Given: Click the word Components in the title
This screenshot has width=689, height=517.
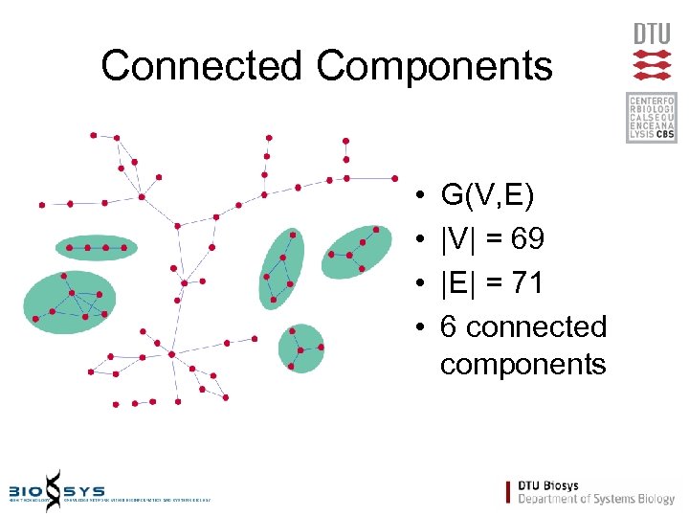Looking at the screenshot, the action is click(434, 66).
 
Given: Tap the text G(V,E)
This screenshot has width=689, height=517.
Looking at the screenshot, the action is click(488, 196).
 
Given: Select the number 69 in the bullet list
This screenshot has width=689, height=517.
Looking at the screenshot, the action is click(528, 239).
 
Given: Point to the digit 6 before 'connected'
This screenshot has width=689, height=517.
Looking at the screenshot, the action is click(449, 326).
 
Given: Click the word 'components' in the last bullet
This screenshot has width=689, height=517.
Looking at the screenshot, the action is click(523, 365).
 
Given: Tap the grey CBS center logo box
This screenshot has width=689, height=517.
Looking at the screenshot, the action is click(652, 117).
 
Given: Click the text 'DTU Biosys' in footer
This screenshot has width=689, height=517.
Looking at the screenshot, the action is click(548, 486).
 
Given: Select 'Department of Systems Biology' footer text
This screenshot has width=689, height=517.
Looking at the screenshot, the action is click(596, 499).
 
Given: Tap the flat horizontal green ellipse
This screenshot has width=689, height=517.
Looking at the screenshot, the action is click(96, 248).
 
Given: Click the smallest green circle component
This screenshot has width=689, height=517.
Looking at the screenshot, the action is click(300, 348).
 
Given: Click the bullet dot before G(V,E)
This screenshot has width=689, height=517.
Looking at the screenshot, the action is click(422, 198).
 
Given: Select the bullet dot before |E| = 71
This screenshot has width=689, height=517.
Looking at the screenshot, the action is click(422, 284).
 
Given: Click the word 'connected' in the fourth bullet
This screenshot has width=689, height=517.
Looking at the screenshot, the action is click(537, 326).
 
